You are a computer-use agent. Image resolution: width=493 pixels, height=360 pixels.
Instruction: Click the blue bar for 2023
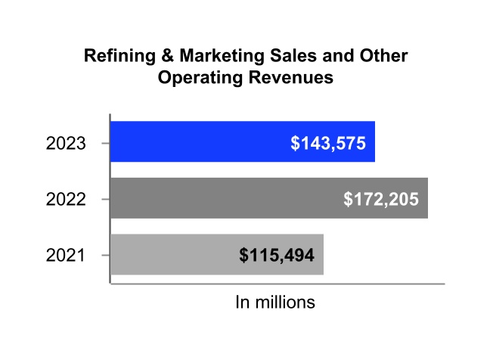click(242, 141)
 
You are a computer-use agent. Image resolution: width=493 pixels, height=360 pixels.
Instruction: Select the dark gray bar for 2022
click(268, 198)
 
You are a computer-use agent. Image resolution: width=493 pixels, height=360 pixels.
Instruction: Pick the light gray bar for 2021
click(217, 255)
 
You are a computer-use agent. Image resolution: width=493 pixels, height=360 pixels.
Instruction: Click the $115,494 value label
click(277, 256)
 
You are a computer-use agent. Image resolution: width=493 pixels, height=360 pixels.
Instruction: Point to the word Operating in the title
click(196, 78)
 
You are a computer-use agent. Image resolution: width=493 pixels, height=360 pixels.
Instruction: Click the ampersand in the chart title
click(157, 57)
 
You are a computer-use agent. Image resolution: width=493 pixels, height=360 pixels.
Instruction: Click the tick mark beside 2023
click(104, 142)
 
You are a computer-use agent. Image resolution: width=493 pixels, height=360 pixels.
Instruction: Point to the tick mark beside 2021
click(104, 256)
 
